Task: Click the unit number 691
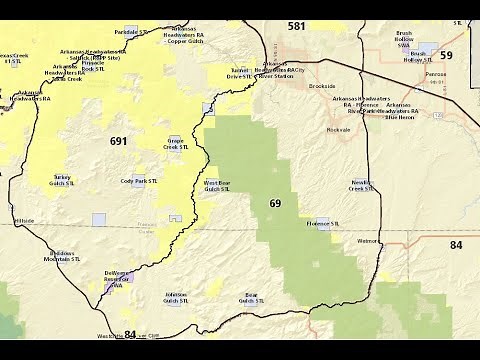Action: point(118,141)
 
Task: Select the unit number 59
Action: point(446,55)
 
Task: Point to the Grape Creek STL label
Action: point(176,146)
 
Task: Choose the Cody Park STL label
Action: point(140,181)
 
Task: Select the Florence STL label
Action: point(324,223)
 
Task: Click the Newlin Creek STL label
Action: point(362,187)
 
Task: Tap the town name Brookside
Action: point(321,87)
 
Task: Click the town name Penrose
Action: point(435,75)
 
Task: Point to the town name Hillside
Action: point(24,220)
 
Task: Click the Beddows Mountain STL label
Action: point(63,257)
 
